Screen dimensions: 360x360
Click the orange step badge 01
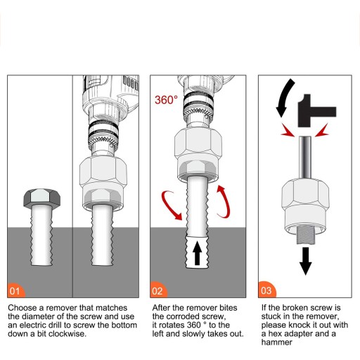click(15, 290)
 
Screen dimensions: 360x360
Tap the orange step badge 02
click(158, 290)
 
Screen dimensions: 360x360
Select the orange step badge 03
click(266, 290)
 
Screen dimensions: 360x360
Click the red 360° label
click(166, 100)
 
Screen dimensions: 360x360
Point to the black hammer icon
click(316, 110)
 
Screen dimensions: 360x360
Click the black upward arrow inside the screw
click(197, 253)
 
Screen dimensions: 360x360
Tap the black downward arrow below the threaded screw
click(305, 261)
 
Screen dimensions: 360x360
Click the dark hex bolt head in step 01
click(41, 198)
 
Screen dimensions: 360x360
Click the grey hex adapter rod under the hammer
click(305, 157)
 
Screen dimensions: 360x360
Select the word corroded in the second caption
click(186, 316)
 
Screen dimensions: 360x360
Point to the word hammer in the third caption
click(277, 342)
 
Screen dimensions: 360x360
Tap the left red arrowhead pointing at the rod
click(288, 131)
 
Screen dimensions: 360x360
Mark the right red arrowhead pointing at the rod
click(322, 131)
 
